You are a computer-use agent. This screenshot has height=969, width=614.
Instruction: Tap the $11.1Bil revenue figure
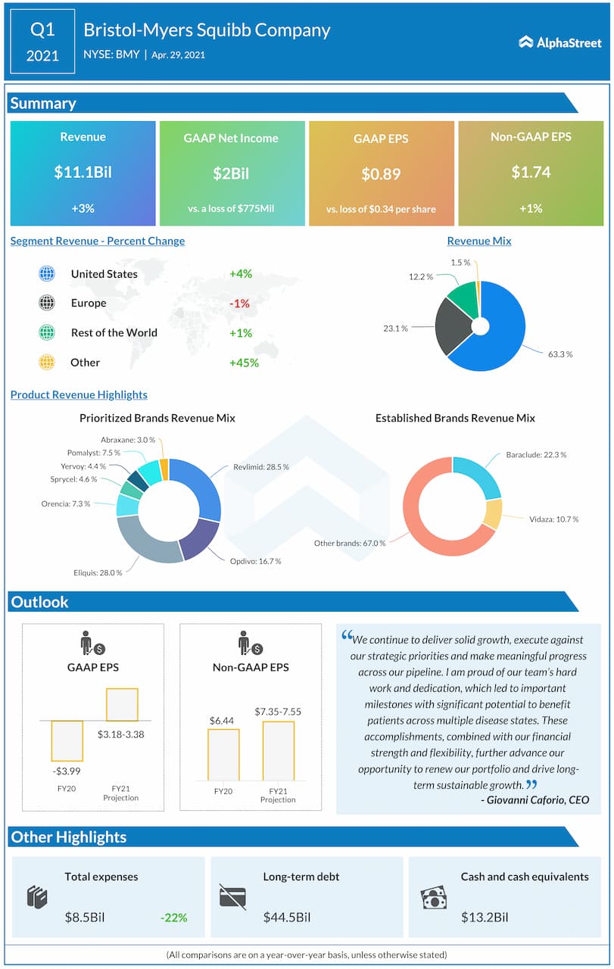[83, 172]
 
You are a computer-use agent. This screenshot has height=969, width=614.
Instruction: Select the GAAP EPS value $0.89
[381, 173]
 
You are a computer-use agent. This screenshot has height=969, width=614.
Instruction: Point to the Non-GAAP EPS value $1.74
[531, 172]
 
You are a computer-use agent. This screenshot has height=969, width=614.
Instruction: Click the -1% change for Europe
[240, 303]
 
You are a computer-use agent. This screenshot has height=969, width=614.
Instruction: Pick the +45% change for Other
[244, 363]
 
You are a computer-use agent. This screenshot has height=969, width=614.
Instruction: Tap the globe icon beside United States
[47, 274]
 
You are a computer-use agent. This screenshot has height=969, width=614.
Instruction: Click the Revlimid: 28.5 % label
[260, 467]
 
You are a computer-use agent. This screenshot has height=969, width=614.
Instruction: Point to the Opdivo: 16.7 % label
[255, 561]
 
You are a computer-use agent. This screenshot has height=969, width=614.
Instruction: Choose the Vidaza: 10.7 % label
[553, 519]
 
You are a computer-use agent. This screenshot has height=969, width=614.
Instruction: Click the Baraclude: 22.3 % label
[536, 455]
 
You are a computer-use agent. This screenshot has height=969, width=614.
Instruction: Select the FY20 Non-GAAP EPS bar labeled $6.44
[223, 754]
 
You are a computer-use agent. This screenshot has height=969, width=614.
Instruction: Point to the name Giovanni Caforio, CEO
[535, 799]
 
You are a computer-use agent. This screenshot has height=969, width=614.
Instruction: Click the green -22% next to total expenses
[173, 918]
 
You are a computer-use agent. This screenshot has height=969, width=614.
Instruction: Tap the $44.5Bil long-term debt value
[287, 918]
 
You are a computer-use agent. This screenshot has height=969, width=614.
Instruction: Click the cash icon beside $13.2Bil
[434, 898]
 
